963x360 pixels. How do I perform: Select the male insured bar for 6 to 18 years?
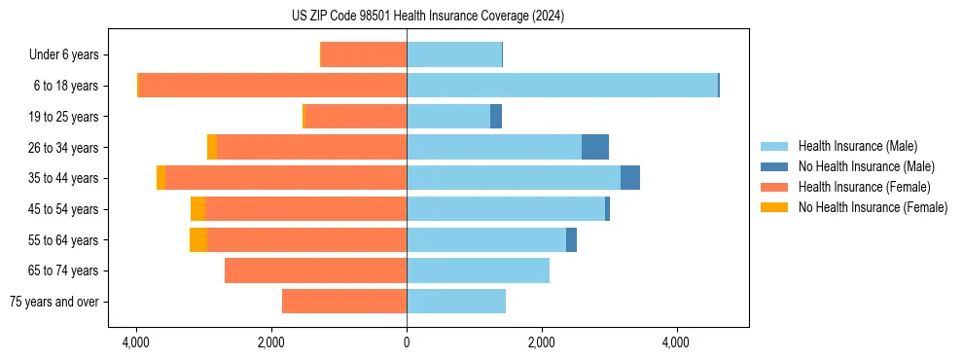coord(561,86)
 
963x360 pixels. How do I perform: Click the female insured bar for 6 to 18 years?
coord(272,86)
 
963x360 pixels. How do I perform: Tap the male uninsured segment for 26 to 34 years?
coord(595,147)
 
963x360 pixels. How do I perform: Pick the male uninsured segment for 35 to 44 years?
coord(630,178)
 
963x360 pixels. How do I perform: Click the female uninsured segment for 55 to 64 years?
coord(198,239)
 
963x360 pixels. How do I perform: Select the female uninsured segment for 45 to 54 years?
coord(198,209)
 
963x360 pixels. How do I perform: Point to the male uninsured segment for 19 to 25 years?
coord(496,117)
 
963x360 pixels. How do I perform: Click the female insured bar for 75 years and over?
coord(344,302)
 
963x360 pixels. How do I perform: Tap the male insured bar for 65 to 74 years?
coord(478,270)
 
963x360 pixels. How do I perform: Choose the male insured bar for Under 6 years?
coord(454,54)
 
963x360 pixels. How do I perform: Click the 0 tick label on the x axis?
coord(407,342)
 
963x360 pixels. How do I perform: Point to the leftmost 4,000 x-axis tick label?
coord(136,342)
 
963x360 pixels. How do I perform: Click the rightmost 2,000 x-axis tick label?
coord(541,342)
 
